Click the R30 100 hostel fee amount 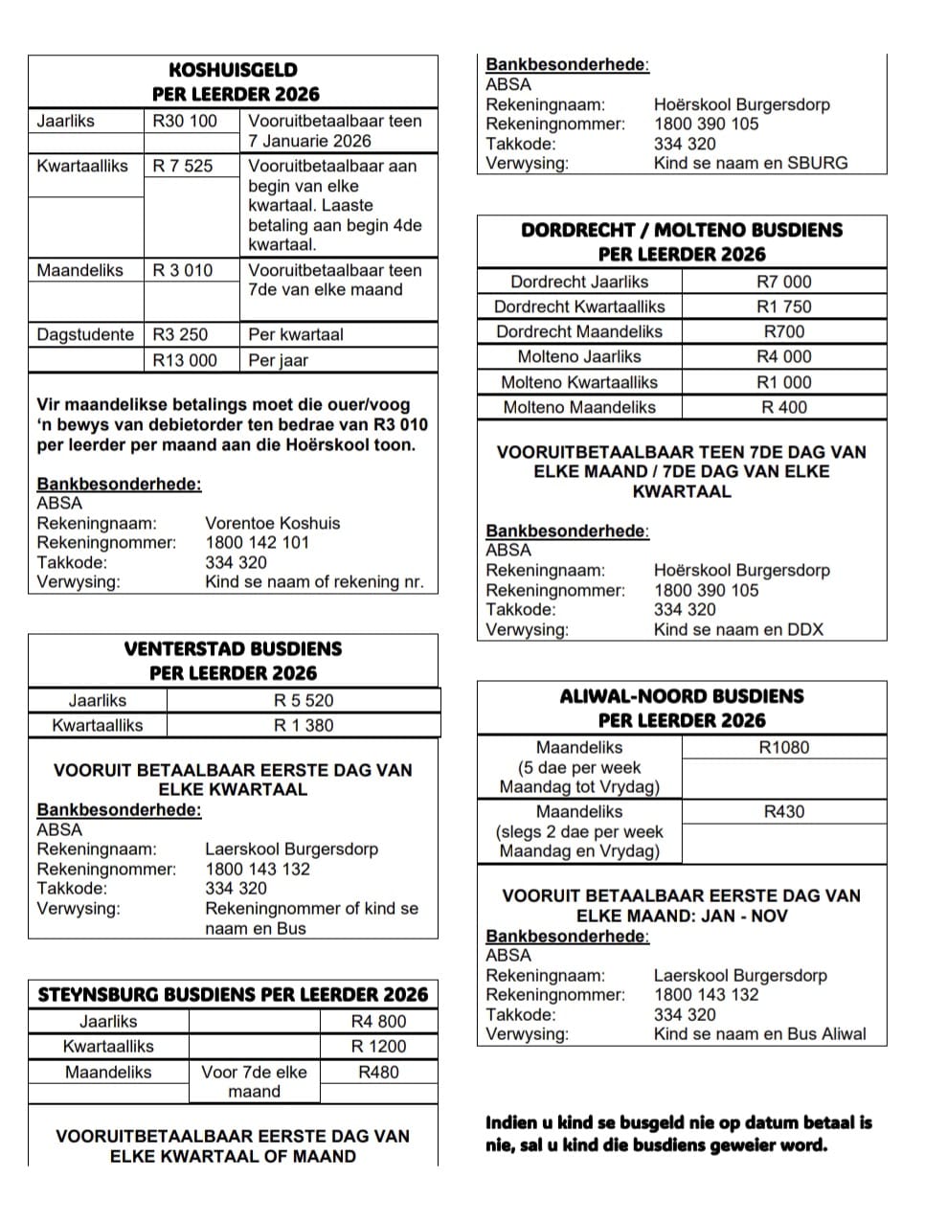tap(185, 121)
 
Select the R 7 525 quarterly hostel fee tap(183, 166)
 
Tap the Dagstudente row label tap(85, 334)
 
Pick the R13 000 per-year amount tap(185, 360)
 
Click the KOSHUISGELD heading tap(233, 70)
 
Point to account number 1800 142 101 tap(257, 543)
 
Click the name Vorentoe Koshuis tap(272, 523)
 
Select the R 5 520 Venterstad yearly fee tap(304, 700)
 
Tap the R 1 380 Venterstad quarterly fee tap(304, 725)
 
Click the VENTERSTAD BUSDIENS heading tap(233, 648)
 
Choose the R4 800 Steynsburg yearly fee tap(378, 1021)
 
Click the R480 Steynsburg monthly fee tap(378, 1072)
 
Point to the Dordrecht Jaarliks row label tap(579, 282)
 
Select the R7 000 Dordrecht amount tap(783, 282)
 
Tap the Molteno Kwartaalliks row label tap(579, 382)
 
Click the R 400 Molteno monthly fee tap(783, 407)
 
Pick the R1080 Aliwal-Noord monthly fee tap(783, 747)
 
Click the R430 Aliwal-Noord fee tap(783, 811)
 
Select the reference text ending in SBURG tap(751, 163)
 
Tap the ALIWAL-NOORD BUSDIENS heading tap(682, 696)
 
